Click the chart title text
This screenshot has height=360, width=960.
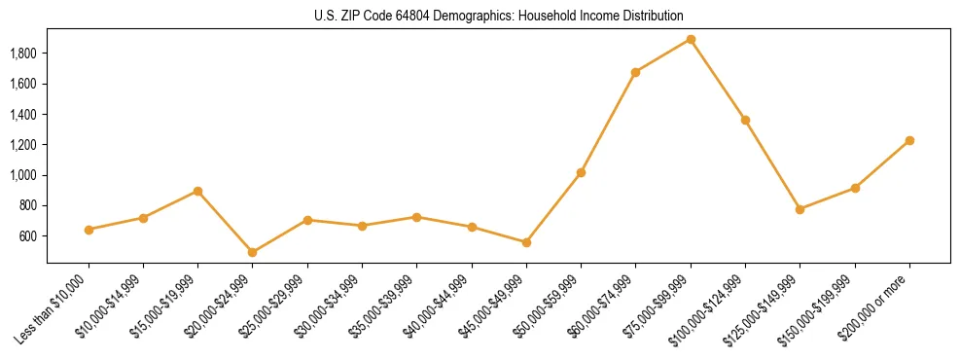pos(498,16)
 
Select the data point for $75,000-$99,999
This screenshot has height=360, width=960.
pos(691,40)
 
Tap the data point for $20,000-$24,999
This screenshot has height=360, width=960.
pos(253,252)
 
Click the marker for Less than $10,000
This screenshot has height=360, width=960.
pos(89,230)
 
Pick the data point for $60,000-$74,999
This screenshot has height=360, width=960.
pos(635,72)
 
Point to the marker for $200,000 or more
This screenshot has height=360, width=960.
pos(909,140)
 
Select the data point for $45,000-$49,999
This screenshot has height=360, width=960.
pos(526,242)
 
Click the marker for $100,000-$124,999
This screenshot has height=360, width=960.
pos(745,120)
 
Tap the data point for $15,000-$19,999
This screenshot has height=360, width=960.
pos(198,191)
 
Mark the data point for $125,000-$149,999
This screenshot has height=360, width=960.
pos(800,209)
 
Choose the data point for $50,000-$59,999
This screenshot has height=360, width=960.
pos(581,172)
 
